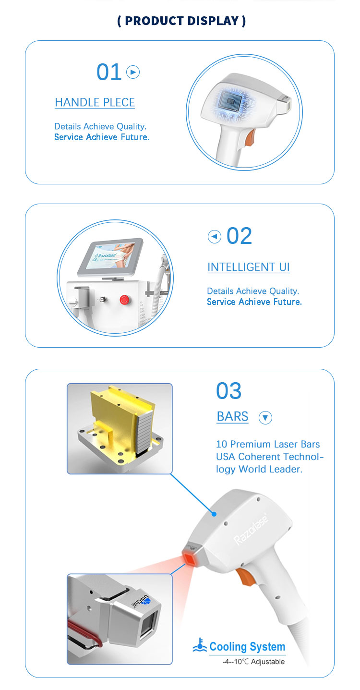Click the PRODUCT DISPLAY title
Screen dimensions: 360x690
pos(181,21)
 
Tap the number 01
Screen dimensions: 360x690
pos(109,72)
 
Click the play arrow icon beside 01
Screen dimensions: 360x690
pos(133,72)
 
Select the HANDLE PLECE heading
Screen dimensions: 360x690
pos(95,102)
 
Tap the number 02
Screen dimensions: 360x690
pos(240,236)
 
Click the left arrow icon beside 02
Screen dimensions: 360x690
pos(215,237)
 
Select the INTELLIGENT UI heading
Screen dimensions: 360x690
pos(249,267)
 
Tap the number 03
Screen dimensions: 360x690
pos(228,390)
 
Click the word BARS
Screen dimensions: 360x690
pos(232,416)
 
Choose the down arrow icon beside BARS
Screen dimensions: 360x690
pos(265,418)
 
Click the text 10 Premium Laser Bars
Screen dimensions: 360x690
pos(268,444)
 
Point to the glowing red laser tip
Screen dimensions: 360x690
pos(190,557)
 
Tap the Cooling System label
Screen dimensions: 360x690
pos(247,647)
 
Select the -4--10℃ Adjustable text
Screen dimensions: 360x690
pos(253,661)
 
